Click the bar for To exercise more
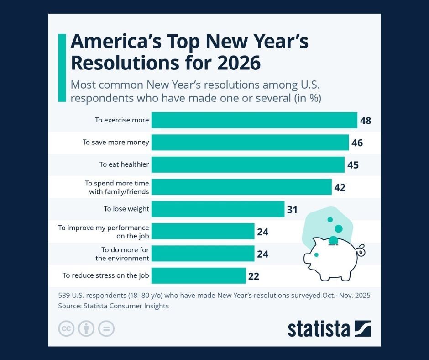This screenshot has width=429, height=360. point(254,121)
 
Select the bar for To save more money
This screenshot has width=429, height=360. point(250,143)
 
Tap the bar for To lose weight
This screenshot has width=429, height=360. point(218,209)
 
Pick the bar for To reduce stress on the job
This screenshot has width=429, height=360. point(199,275)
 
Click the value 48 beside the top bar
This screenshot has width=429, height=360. point(365,121)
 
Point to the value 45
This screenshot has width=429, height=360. point(353,165)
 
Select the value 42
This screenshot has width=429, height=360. point(340,187)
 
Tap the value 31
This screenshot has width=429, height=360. point(292,210)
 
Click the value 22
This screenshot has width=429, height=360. point(254,276)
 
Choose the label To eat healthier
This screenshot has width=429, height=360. point(124,164)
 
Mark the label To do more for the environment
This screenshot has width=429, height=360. point(122,254)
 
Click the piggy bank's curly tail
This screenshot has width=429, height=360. point(361,250)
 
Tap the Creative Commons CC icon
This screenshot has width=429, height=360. point(67,328)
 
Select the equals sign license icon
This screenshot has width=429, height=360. point(106,328)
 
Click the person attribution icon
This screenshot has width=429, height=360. point(86,328)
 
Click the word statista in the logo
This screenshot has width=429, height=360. point(319,328)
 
